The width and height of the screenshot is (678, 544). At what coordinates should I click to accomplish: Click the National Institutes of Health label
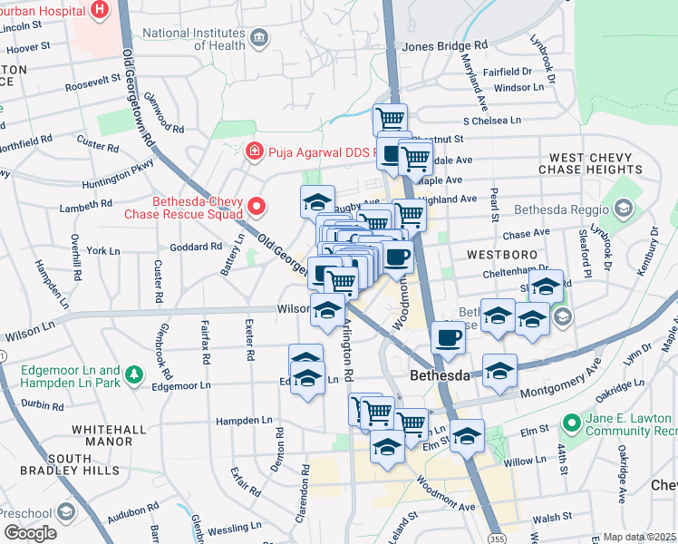pyautogui.click(x=194, y=39)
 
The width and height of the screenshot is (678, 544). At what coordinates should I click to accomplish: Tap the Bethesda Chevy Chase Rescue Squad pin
pyautogui.click(x=257, y=208)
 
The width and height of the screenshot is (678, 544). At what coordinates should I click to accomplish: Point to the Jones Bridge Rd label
pyautogui.click(x=444, y=45)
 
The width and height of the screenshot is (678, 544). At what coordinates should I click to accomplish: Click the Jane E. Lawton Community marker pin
pyautogui.click(x=571, y=423)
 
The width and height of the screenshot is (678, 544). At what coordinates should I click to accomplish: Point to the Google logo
pyautogui.click(x=31, y=533)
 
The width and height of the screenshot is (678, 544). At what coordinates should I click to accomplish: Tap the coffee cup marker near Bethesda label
pyautogui.click(x=448, y=338)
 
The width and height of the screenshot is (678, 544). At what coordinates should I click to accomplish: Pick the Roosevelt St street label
pyautogui.click(x=92, y=81)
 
